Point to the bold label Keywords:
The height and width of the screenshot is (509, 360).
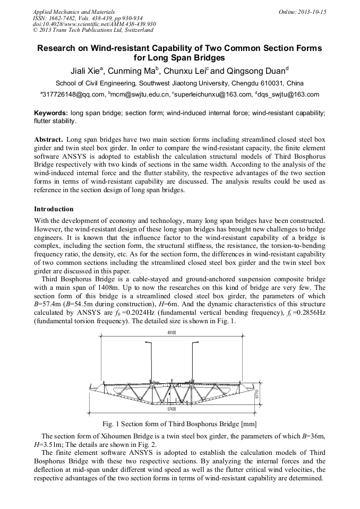click(x=51, y=113)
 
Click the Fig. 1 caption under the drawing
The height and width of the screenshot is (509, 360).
click(x=179, y=424)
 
